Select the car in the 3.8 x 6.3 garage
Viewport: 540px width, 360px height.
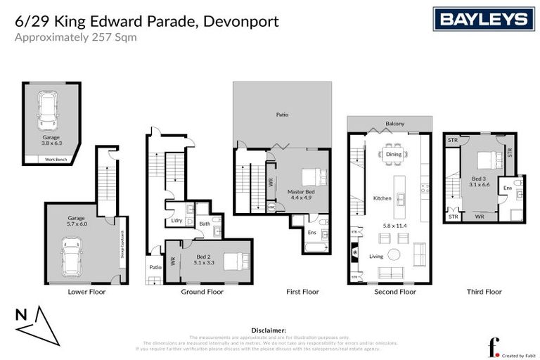(49, 109)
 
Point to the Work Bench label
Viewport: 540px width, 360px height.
(55, 160)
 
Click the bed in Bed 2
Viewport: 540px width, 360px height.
(233, 262)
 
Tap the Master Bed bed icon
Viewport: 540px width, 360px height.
(311, 176)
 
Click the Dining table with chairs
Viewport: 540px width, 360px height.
(393, 154)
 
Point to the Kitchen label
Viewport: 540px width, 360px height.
(382, 198)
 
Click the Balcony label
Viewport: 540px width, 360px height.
(394, 124)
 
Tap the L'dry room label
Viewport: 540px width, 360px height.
(177, 221)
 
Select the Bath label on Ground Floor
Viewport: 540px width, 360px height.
(204, 224)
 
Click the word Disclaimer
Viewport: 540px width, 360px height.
(269, 329)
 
